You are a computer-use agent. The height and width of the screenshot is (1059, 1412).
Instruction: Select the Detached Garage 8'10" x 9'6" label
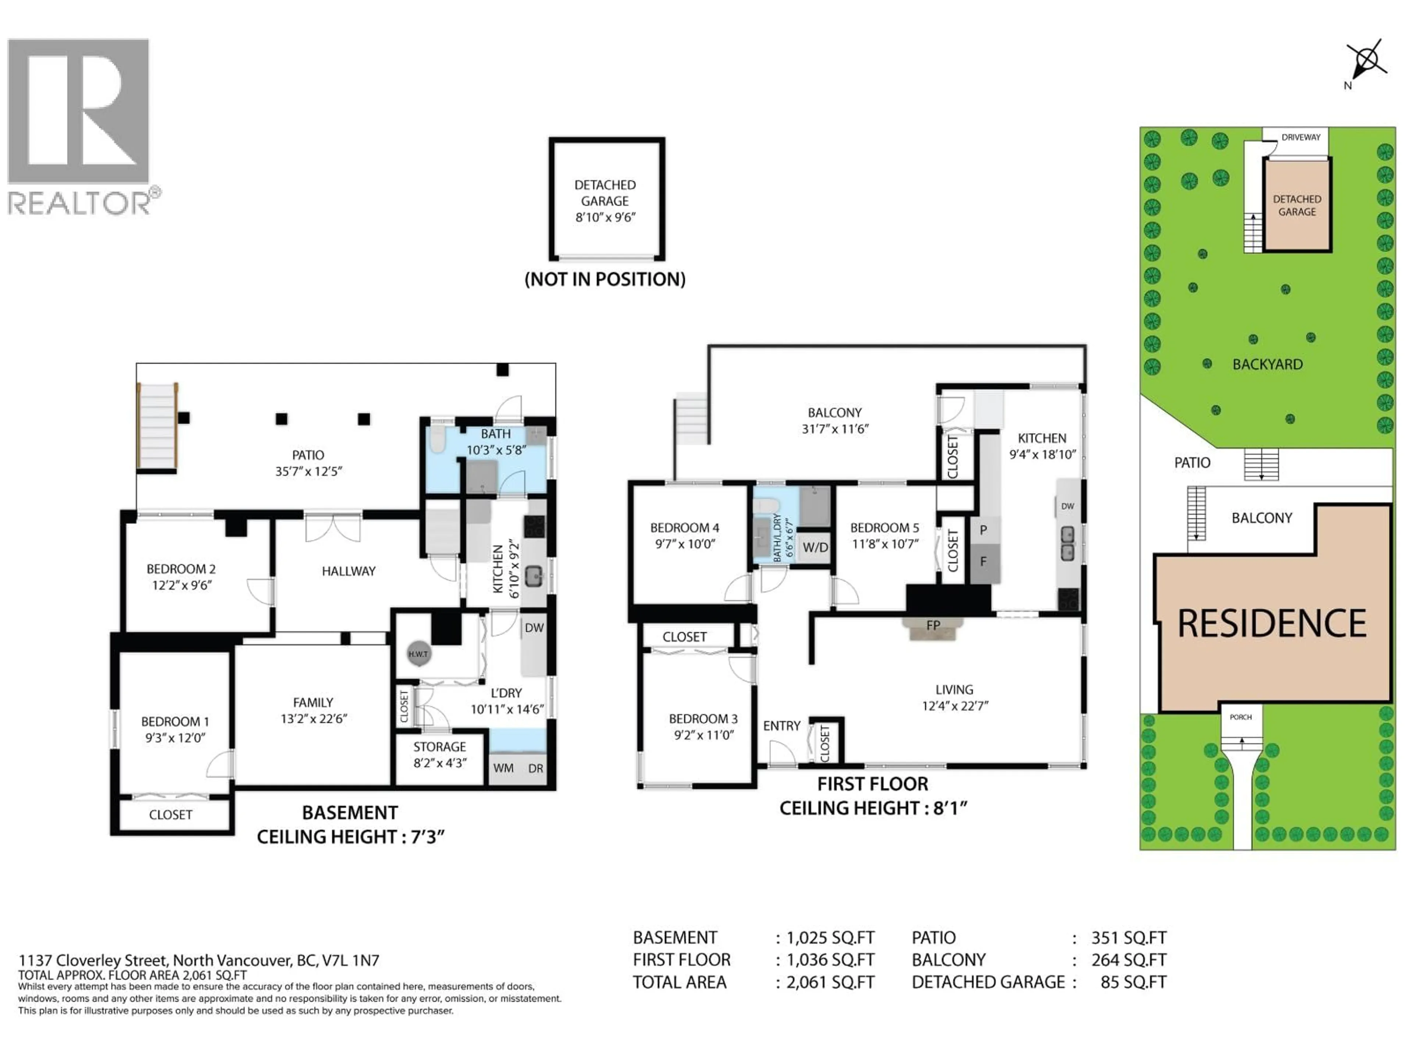[x=605, y=200]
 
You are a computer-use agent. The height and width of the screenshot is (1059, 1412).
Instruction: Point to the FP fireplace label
[x=933, y=625]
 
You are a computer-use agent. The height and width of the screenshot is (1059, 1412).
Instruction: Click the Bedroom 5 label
[x=884, y=528]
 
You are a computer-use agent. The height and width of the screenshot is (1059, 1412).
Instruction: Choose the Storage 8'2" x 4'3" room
[x=439, y=755]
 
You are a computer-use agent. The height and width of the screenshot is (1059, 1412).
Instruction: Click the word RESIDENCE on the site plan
[x=1272, y=624]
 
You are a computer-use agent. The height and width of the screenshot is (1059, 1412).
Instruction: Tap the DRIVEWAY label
[x=1300, y=137]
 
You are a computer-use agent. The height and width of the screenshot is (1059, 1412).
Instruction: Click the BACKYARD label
[x=1267, y=364]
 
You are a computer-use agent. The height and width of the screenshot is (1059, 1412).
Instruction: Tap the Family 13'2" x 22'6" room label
[x=313, y=710]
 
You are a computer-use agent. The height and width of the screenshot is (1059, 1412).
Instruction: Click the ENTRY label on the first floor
[x=781, y=726]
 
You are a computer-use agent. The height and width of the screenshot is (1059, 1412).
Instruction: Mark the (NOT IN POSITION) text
[x=605, y=279]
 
